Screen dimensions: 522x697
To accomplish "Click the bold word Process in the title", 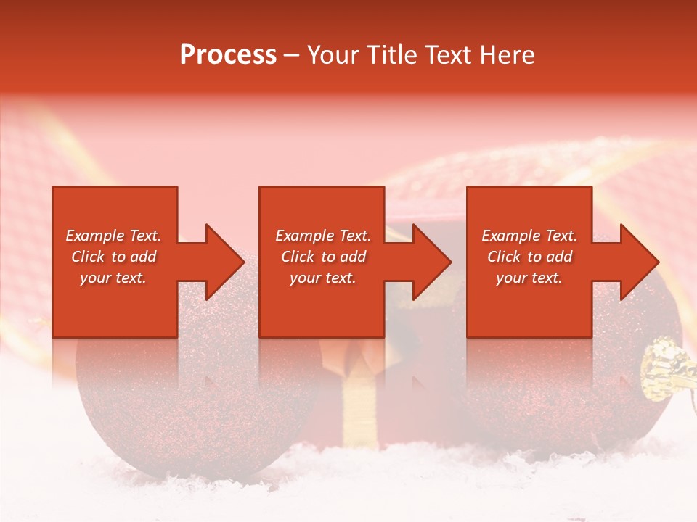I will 228,55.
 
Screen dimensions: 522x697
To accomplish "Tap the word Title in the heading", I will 393,55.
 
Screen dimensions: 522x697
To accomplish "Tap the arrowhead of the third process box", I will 640,262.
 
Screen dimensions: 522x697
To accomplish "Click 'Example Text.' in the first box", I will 113,236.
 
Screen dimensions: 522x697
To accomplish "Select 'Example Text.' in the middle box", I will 322,236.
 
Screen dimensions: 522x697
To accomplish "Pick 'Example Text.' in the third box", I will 529,236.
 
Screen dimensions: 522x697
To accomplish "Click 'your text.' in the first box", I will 113,278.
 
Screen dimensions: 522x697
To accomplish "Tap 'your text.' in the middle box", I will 322,278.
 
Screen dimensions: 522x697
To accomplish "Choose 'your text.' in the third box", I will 529,278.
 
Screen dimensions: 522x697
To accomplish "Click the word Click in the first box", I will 88,257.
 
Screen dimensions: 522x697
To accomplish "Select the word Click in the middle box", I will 298,257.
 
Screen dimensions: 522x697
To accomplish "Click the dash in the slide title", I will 292,55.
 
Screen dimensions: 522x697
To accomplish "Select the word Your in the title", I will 333,55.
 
